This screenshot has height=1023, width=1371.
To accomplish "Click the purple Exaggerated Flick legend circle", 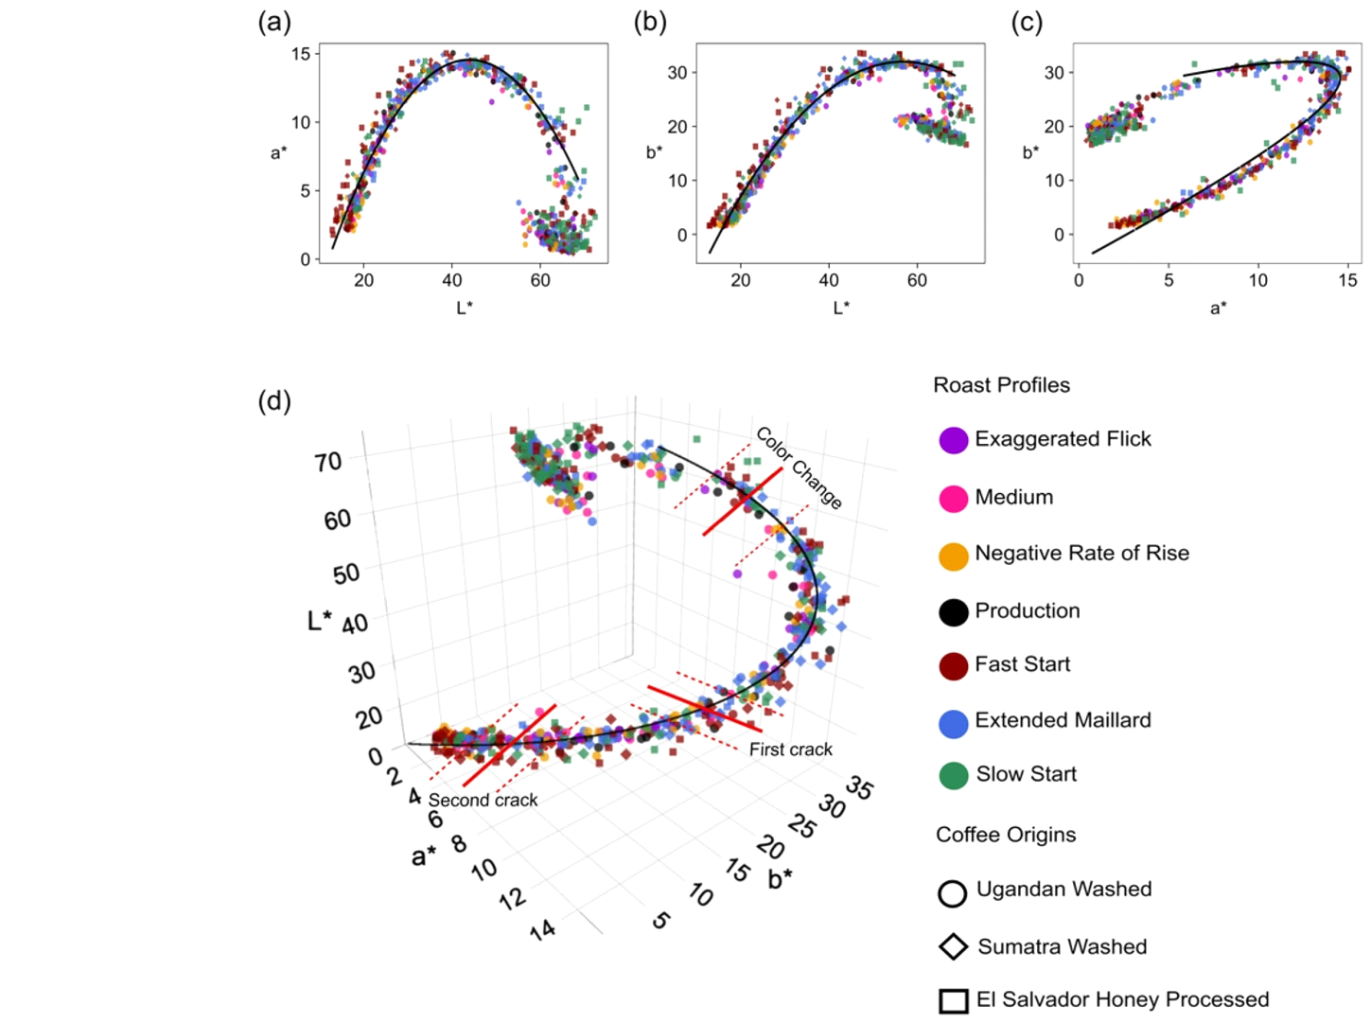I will point(953,440).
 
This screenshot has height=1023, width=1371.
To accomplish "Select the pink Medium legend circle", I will point(953,499).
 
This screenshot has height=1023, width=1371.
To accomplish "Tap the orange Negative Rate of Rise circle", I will point(953,556).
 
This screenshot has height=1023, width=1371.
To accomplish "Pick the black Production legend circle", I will point(953,612).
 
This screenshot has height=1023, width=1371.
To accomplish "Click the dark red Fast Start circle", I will point(953,666).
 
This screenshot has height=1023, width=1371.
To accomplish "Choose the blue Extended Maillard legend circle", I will point(953,724).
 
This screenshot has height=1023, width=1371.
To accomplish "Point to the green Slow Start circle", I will point(953,776).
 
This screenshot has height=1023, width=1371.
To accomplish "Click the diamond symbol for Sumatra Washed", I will point(953,946).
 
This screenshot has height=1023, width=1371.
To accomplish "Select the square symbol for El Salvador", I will point(953,1001).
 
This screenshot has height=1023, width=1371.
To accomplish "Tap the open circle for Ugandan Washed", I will point(952,893).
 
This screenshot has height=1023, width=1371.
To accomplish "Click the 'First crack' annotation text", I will point(790,750).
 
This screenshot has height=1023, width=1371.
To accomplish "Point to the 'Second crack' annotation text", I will point(483,801).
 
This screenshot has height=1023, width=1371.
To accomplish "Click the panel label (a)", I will point(274,22).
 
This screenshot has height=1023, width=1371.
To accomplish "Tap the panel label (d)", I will point(274,401).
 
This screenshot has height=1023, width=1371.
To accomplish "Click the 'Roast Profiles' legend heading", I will point(1001,385).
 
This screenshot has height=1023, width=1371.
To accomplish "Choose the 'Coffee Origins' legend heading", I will point(1006,835).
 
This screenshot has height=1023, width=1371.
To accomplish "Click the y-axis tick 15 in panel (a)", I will point(301,54).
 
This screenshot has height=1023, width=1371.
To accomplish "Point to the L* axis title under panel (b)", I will point(841,308).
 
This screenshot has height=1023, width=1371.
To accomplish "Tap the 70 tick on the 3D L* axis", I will point(328,463).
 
